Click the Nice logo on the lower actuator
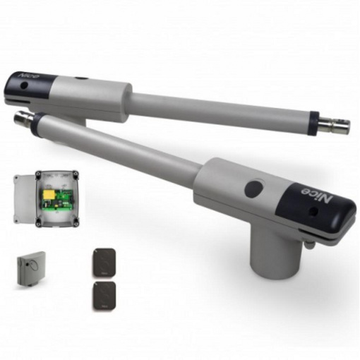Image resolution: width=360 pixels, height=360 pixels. pos(317,195)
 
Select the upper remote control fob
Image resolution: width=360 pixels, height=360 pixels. pos(104,263)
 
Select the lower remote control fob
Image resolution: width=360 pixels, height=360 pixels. pos(104,296)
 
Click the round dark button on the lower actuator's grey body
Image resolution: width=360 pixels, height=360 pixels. pos(254,188)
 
